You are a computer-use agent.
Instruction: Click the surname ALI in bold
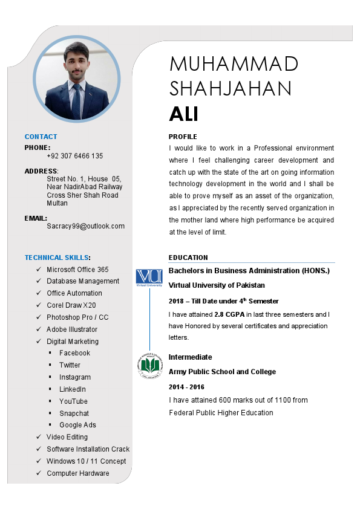coord(184,114)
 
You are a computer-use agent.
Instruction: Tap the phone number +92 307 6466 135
coord(74,156)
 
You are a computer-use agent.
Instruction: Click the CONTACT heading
coord(41,137)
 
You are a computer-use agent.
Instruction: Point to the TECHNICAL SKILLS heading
coord(57,258)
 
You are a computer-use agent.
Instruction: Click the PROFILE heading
coord(183,137)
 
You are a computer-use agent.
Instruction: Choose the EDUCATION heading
coord(188,258)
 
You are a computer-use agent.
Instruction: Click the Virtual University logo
coord(149,277)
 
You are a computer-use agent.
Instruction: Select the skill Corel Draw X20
coord(71,305)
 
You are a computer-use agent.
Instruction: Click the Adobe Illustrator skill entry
coord(72,329)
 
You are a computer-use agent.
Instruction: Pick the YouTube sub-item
coord(73,401)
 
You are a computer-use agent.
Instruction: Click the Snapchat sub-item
coord(74,413)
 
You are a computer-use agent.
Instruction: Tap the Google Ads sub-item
coord(77,425)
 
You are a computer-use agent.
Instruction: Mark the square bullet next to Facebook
coord(50,353)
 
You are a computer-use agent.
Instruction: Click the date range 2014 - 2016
coord(186,387)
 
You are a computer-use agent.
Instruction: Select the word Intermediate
coord(190,357)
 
